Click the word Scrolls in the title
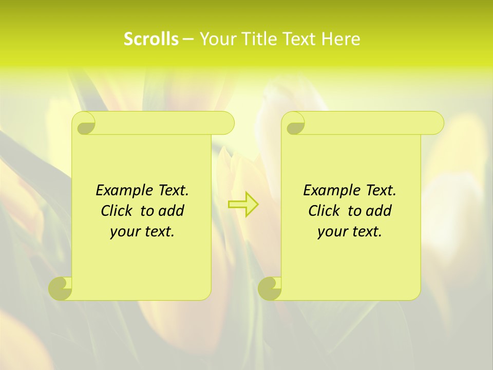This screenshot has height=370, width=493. [x=151, y=39]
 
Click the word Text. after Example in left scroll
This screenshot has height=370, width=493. [x=171, y=191]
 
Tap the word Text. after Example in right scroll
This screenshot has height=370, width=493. [x=378, y=191]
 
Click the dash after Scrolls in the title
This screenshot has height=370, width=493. [x=188, y=40]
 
